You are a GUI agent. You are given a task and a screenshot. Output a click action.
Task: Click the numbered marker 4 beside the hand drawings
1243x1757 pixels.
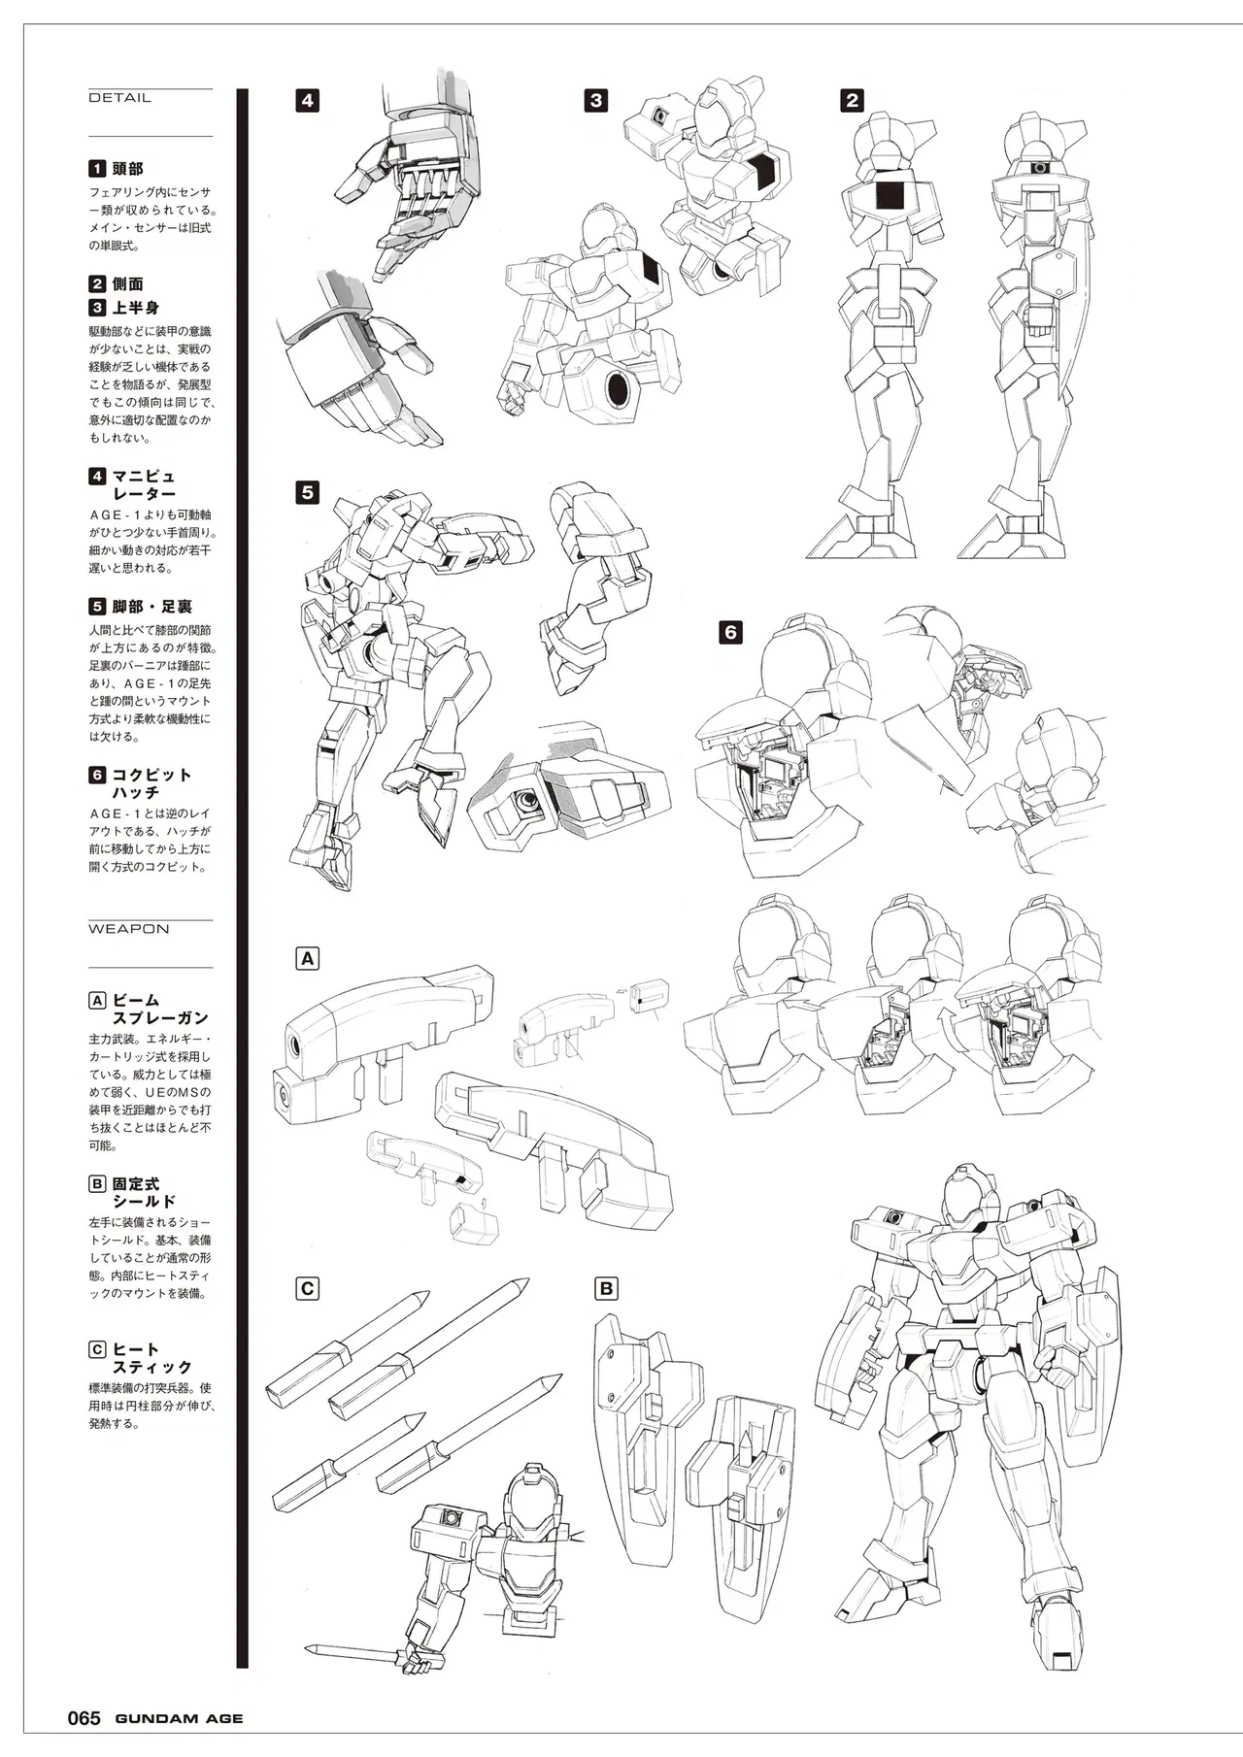click(307, 100)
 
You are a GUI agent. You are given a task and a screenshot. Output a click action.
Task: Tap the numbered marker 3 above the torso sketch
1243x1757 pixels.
click(595, 100)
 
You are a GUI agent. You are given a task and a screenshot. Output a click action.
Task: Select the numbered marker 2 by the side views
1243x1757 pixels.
click(853, 100)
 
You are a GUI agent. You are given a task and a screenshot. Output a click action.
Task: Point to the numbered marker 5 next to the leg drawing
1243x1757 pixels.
click(307, 492)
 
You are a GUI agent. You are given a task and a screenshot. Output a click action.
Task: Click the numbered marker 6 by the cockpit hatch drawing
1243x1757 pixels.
click(730, 632)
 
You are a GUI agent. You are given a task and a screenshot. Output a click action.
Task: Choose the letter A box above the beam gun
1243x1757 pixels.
click(307, 959)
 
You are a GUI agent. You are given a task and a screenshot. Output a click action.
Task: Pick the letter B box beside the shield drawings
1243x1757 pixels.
click(606, 1289)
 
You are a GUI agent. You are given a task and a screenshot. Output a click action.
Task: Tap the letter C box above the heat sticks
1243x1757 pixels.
click(307, 1289)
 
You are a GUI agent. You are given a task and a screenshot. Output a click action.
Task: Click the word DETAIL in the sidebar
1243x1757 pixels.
click(119, 98)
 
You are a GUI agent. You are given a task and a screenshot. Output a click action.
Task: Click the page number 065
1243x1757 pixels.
click(84, 1718)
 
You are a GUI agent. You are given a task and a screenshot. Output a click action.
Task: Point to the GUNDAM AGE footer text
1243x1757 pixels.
click(179, 1719)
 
